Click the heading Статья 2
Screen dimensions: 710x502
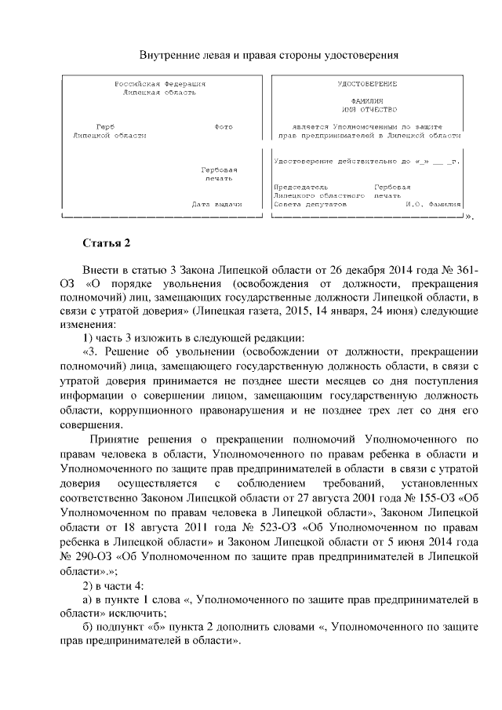click(106, 242)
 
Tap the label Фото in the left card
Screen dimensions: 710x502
click(223, 126)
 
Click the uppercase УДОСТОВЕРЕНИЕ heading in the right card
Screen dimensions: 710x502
click(366, 83)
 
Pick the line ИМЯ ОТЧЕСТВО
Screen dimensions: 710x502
click(366, 109)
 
